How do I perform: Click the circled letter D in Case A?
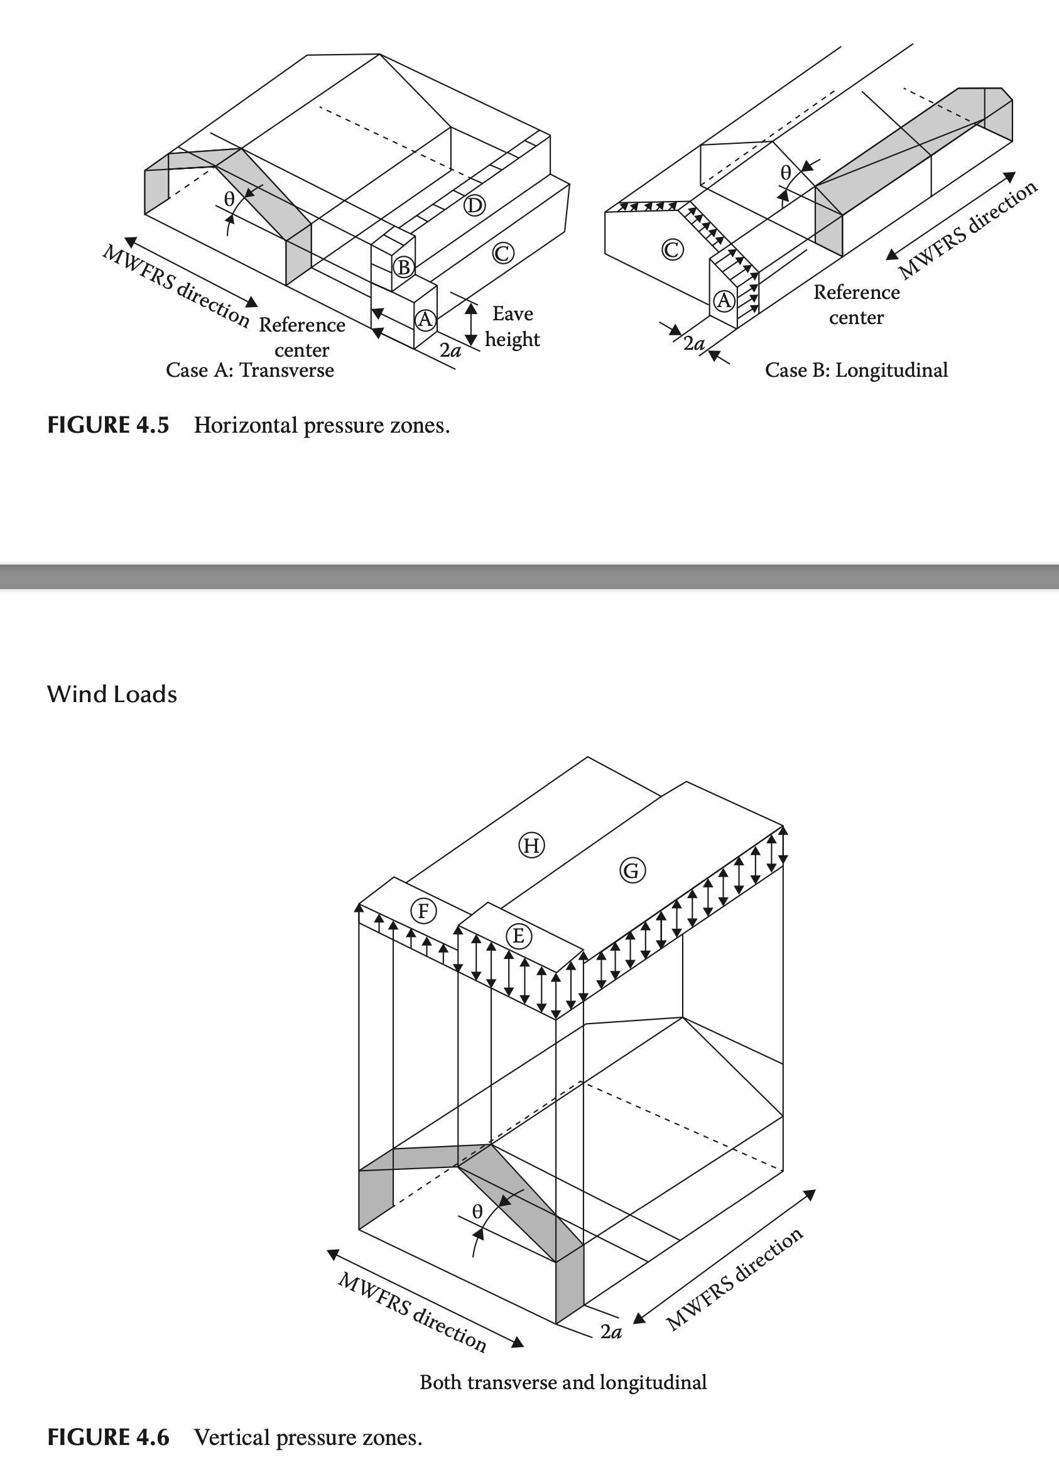(x=474, y=206)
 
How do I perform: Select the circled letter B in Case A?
(x=404, y=267)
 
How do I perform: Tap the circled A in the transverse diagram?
(x=425, y=319)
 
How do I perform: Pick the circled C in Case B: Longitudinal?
(x=672, y=249)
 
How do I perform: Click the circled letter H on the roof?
(x=531, y=845)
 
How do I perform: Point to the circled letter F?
(x=423, y=911)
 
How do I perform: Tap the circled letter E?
(x=518, y=936)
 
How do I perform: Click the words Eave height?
(x=512, y=327)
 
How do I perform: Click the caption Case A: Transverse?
(x=249, y=370)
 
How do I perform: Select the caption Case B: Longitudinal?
(x=855, y=370)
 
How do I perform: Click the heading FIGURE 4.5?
(x=108, y=425)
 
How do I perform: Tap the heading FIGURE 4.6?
(x=108, y=1437)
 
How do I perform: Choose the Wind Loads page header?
(x=112, y=694)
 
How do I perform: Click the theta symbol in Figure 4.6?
(x=477, y=1211)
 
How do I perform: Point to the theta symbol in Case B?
(x=786, y=173)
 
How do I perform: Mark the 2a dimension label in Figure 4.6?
(x=611, y=1331)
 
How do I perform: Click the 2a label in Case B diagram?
(x=693, y=344)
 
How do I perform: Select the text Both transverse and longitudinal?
(x=563, y=1383)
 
